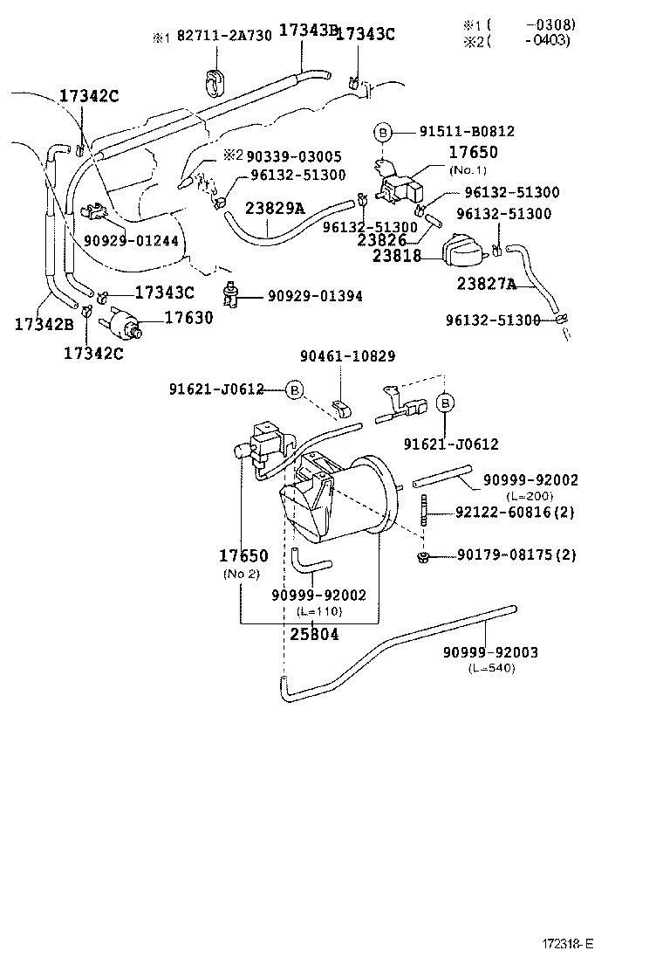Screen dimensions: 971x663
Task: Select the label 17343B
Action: pos(307,31)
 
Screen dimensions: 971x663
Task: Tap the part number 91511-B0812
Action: pos(466,132)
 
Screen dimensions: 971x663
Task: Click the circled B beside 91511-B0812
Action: pos(382,133)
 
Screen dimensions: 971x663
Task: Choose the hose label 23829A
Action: pos(275,210)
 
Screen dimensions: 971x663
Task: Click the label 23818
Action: pos(397,256)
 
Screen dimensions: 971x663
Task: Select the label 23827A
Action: pos(487,284)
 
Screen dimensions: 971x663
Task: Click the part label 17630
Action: pos(188,319)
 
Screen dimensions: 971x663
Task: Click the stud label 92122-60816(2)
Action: pos(514,513)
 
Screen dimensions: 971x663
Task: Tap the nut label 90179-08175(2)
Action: pos(514,554)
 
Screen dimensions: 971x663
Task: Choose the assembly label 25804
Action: pos(314,634)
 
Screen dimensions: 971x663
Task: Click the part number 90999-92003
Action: pos(489,652)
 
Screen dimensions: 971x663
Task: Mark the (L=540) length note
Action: pos(491,668)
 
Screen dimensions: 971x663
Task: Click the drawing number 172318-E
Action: pos(567,944)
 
